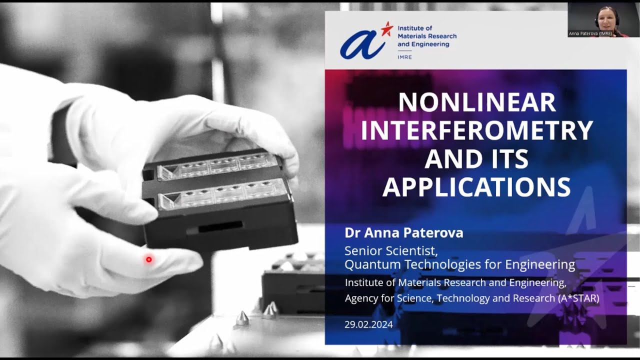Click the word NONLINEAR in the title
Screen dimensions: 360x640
(477, 102)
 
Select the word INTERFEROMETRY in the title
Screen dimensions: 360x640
(477, 130)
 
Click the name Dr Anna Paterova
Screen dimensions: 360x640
(404, 233)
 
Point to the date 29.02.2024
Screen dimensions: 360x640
(368, 324)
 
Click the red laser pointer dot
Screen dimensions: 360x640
(148, 259)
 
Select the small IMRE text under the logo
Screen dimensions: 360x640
(404, 57)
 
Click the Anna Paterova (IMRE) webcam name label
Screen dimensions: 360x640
(590, 33)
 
